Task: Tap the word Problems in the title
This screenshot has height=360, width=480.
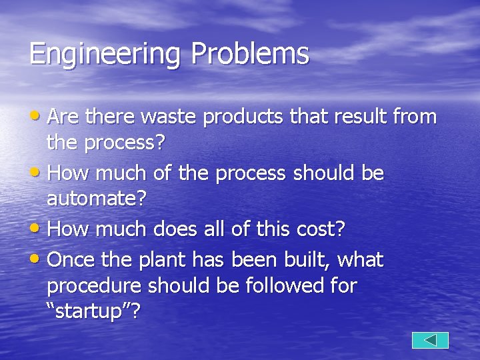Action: (250, 54)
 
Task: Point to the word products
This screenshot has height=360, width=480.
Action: (245, 118)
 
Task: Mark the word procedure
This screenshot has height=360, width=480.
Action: (94, 287)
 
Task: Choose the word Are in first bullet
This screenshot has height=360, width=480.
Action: (62, 117)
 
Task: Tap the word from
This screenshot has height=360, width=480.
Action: (415, 117)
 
